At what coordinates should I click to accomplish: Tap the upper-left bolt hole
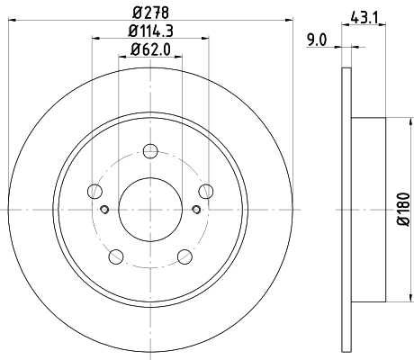coord(94,190)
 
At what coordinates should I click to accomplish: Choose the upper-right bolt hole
coord(206,190)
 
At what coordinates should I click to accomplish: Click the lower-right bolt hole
coord(184,256)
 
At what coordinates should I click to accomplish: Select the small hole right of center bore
coord(195,210)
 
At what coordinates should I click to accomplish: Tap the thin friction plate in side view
coord(347,209)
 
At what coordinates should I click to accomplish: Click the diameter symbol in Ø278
coord(135,13)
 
